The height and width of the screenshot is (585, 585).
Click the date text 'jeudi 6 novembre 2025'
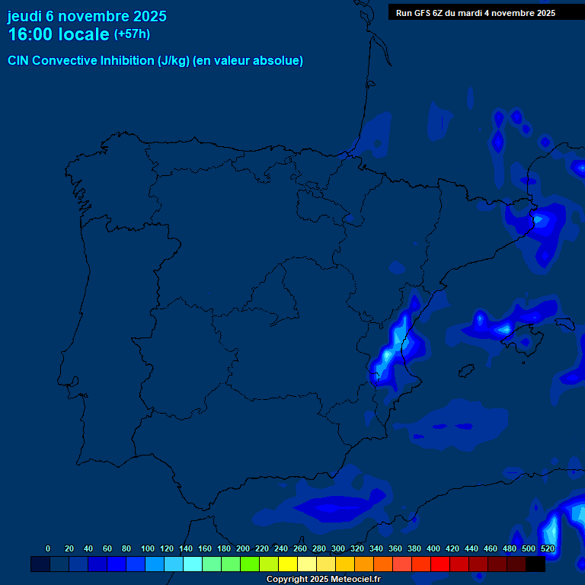pyautogui.click(x=87, y=16)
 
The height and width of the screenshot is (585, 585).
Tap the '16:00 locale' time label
pyautogui.click(x=59, y=34)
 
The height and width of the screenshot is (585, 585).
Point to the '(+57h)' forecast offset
pyautogui.click(x=132, y=34)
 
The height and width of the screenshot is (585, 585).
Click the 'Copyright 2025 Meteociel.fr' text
pyautogui.click(x=323, y=580)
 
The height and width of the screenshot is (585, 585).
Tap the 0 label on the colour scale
pyautogui.click(x=48, y=548)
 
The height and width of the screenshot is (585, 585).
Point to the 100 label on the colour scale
pyautogui.click(x=148, y=548)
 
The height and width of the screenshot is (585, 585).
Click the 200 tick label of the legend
pyautogui.click(x=243, y=548)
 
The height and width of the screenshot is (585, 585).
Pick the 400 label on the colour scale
pyautogui.click(x=433, y=548)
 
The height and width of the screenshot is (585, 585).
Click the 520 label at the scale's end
pyautogui.click(x=547, y=548)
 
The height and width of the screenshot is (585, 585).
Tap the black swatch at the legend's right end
pyautogui.click(x=535, y=564)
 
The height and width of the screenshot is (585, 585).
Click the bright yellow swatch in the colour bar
pyautogui.click(x=288, y=564)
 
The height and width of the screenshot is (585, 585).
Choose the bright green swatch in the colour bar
pyautogui.click(x=250, y=564)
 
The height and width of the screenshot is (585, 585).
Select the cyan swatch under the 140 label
pyautogui.click(x=193, y=564)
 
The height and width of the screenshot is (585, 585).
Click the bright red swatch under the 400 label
pyautogui.click(x=440, y=564)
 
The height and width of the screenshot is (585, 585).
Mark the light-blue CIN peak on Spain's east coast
pyautogui.click(x=388, y=355)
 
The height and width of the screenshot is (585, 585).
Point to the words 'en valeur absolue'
pyautogui.click(x=248, y=61)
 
